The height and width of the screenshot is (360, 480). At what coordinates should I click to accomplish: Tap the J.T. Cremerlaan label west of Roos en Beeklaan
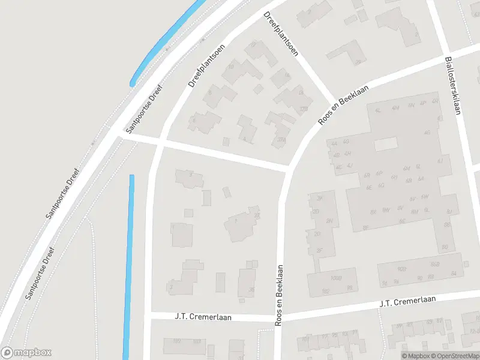[x=203, y=317]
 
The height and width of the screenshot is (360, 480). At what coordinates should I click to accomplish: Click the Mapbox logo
[x=26, y=353]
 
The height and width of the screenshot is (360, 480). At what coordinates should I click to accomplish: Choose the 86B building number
[x=434, y=265]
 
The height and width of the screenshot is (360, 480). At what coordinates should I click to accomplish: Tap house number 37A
[x=281, y=139]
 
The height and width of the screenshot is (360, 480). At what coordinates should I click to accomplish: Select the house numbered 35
[x=251, y=289]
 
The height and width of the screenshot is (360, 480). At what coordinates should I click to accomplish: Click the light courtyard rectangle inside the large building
[x=386, y=145]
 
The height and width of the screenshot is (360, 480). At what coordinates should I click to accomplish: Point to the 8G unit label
[x=445, y=247]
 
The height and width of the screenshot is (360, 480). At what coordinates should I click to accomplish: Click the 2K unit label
[x=320, y=198]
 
